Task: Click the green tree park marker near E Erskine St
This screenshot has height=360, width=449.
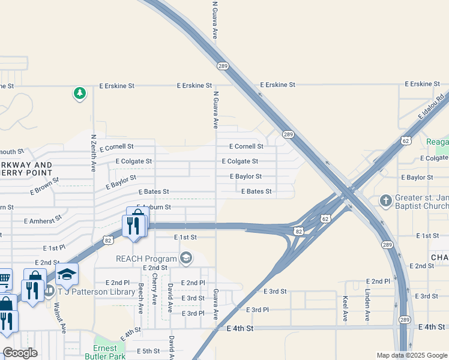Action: pyautogui.click(x=79, y=93)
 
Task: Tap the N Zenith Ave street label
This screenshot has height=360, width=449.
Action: pyautogui.click(x=93, y=153)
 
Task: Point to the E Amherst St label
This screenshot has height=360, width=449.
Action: pyautogui.click(x=43, y=221)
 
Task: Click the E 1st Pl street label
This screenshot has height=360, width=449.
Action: pyautogui.click(x=54, y=248)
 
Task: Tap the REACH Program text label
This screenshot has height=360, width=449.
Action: pyautogui.click(x=146, y=259)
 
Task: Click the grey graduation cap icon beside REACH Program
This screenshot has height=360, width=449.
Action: pyautogui.click(x=186, y=258)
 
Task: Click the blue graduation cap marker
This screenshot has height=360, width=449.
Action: pyautogui.click(x=67, y=274)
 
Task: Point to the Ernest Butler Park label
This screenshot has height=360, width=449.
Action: pyautogui.click(x=109, y=353)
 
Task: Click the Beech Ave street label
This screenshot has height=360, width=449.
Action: pyautogui.click(x=140, y=299)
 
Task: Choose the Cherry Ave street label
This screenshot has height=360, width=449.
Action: pyautogui.click(x=155, y=289)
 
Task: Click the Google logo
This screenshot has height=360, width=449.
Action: pyautogui.click(x=20, y=353)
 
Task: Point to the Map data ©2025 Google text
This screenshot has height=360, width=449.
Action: pyautogui.click(x=411, y=355)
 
